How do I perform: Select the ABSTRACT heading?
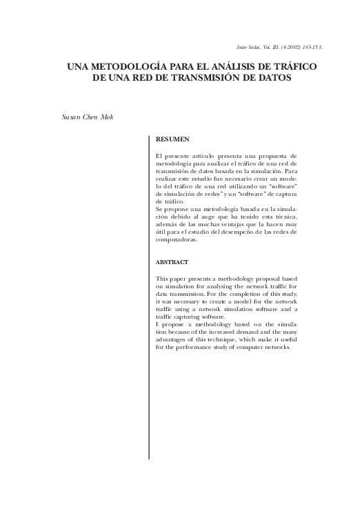coord(171,263)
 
